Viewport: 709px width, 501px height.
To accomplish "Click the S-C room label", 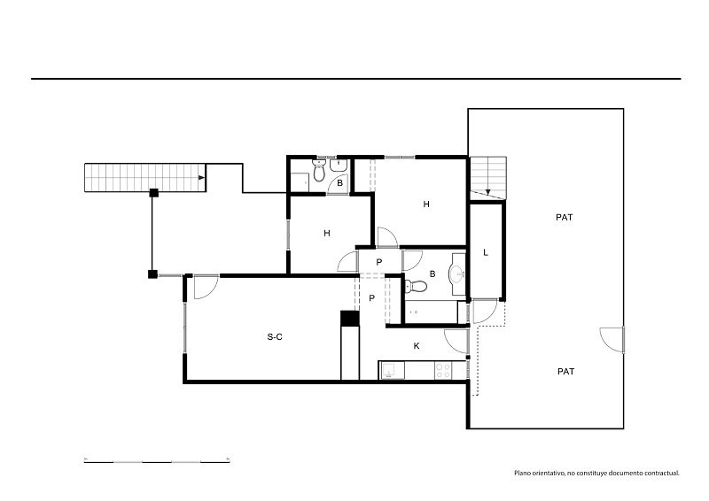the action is pyautogui.click(x=275, y=336).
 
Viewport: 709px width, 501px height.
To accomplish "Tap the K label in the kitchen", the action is pyautogui.click(x=417, y=346).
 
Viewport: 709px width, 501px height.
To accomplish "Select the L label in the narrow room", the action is pyautogui.click(x=486, y=252).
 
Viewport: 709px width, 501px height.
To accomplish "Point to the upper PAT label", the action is pyautogui.click(x=565, y=217).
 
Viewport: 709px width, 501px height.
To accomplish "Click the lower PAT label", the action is pyautogui.click(x=566, y=372).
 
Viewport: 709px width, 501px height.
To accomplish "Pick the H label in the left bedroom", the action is pyautogui.click(x=327, y=233).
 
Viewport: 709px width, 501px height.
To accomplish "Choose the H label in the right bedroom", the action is pyautogui.click(x=426, y=204).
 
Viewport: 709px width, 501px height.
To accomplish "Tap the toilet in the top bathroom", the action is pyautogui.click(x=319, y=170).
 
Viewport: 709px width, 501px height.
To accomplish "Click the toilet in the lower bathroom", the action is pyautogui.click(x=416, y=286).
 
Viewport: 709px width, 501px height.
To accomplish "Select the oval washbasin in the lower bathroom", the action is pyautogui.click(x=457, y=273).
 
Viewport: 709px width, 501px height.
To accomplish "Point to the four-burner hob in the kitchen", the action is pyautogui.click(x=442, y=371).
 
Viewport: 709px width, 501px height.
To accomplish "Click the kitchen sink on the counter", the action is pyautogui.click(x=389, y=371).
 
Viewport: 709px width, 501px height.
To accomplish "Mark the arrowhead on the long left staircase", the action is pyautogui.click(x=201, y=178).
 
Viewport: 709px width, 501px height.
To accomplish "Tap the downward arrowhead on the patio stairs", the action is pyautogui.click(x=488, y=192).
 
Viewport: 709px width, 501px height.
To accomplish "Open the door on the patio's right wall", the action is pyautogui.click(x=612, y=340).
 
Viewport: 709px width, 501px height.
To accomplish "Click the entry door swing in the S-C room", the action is pyautogui.click(x=206, y=287).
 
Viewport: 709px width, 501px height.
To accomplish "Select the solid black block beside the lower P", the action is pyautogui.click(x=349, y=318).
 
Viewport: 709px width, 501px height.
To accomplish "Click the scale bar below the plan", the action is pyautogui.click(x=157, y=461).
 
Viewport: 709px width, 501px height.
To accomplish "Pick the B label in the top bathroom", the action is pyautogui.click(x=339, y=183).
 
